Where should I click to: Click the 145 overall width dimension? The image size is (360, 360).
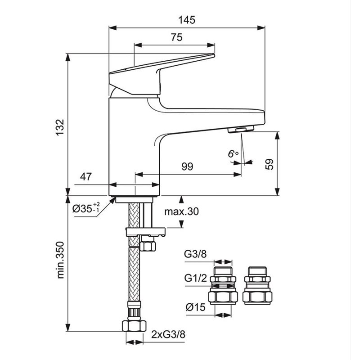pyautogui.click(x=187, y=20)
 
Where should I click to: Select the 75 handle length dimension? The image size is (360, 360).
pyautogui.click(x=176, y=37)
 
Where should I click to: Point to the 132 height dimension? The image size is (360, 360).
pyautogui.click(x=60, y=128)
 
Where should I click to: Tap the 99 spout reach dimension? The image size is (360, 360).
pyautogui.click(x=187, y=166)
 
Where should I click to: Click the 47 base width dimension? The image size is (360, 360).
pyautogui.click(x=86, y=176)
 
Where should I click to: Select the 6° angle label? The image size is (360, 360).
pyautogui.click(x=233, y=153)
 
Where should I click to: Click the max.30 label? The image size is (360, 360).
pyautogui.click(x=181, y=211)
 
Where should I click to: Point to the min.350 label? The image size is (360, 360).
pyautogui.click(x=60, y=260)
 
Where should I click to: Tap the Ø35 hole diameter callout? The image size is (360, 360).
pyautogui.click(x=86, y=208)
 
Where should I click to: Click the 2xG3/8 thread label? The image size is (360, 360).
pyautogui.click(x=168, y=334)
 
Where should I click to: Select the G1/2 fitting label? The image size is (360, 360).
pyautogui.click(x=196, y=278)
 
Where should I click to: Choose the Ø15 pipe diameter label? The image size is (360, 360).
pyautogui.click(x=195, y=307)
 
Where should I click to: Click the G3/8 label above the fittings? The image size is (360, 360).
pyautogui.click(x=195, y=254)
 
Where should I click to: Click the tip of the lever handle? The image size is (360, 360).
pyautogui.click(x=213, y=55)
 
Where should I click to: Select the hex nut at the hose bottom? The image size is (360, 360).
pyautogui.click(x=134, y=326)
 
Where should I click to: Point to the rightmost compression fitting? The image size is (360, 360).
pyautogui.click(x=257, y=286)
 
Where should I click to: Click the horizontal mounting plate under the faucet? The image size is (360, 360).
pyautogui.click(x=145, y=232)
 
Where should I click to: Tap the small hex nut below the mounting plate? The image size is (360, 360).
pyautogui.click(x=148, y=246)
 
